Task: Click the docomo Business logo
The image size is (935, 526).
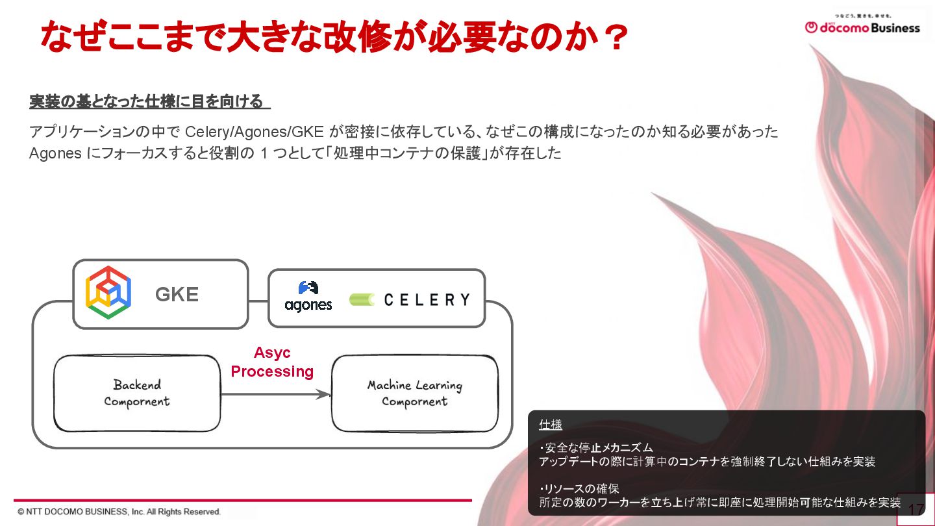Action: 862,27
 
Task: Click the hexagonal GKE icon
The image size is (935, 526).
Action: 108,293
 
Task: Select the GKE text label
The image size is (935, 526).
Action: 177,295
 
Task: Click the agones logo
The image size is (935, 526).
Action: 308,296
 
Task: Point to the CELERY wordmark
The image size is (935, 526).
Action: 427,299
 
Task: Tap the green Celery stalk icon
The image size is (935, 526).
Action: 362,299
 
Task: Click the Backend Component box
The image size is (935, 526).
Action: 137,393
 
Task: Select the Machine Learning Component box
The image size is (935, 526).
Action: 415,394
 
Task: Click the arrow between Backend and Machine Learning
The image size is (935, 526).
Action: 275,394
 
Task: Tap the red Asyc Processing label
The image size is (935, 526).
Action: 272,362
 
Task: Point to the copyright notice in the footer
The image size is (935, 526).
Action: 119,512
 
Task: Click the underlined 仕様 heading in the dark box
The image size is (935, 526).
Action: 551,425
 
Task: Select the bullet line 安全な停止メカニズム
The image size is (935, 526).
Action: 597,448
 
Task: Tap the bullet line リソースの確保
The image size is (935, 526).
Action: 580,489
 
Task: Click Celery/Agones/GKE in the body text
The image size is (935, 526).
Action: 255,132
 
